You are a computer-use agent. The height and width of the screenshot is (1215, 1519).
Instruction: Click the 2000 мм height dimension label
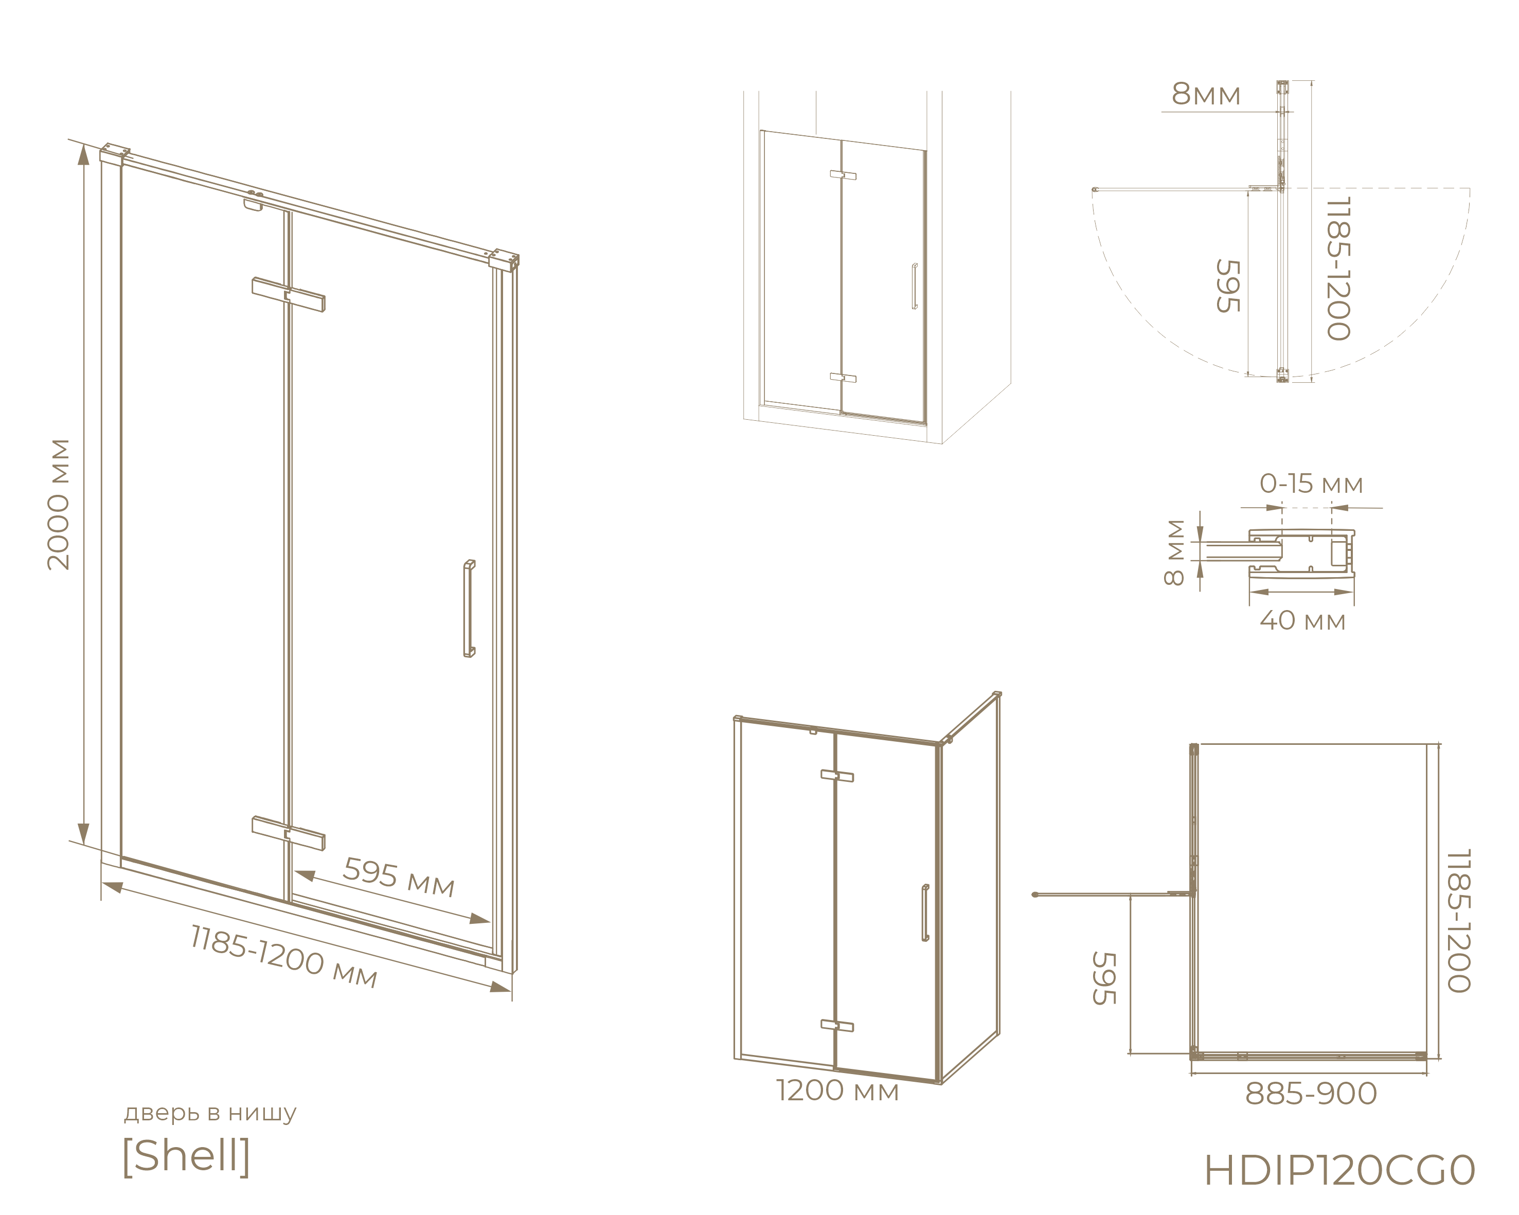(59, 504)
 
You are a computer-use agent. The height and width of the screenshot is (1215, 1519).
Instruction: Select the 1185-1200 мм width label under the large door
(284, 956)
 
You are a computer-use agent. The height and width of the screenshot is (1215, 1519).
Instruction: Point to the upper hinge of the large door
(288, 294)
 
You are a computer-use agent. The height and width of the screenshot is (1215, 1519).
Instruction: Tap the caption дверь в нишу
(210, 1113)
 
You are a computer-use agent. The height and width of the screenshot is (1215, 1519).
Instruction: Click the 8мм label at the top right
(1205, 94)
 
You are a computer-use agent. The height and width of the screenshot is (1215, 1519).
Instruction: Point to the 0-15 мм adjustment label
(1311, 484)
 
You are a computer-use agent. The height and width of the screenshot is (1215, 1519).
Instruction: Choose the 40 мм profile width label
(1303, 620)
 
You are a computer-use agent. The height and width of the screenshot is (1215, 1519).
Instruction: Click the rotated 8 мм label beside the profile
(1174, 552)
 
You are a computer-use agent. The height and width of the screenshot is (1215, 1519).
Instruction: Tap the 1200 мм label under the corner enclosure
(837, 1091)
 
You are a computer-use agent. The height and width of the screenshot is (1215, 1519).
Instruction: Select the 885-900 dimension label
(1311, 1094)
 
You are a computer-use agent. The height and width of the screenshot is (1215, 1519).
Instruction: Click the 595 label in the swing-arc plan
(1227, 286)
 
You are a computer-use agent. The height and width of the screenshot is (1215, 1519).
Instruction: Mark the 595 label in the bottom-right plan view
(1104, 978)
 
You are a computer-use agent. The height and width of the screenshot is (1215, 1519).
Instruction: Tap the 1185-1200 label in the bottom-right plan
(1458, 921)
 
